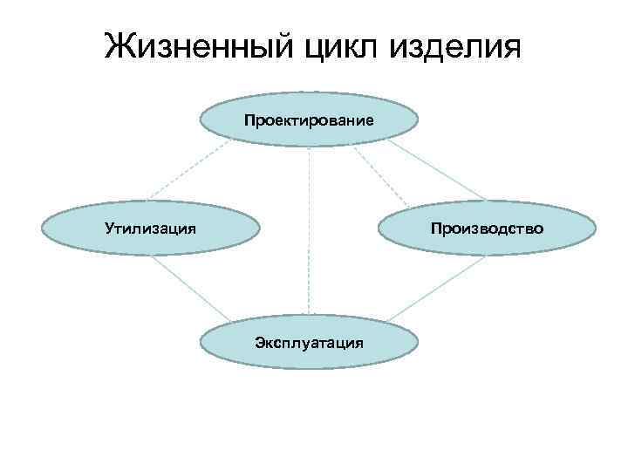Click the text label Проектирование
point(310,119)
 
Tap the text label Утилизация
point(150,229)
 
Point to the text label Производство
point(486,229)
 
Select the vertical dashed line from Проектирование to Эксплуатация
point(309,227)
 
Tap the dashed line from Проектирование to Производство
point(380,174)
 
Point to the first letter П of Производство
point(433,229)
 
